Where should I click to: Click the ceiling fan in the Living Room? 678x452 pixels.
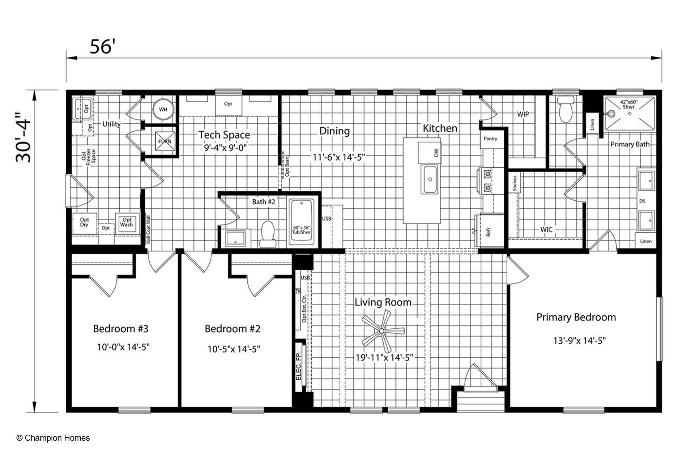tap(382, 331)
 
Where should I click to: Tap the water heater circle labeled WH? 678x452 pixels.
tap(163, 110)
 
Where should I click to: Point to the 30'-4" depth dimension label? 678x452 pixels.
tap(24, 137)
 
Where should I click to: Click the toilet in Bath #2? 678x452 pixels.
tap(268, 233)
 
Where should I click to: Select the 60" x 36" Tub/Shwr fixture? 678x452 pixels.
tap(301, 223)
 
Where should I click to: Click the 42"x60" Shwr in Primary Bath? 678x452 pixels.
tap(630, 113)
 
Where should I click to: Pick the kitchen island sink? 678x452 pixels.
tap(430, 180)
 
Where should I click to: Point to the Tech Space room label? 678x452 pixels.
tap(224, 135)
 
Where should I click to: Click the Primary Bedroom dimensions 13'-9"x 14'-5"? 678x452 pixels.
tap(579, 341)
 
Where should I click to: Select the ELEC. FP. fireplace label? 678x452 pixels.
tap(299, 366)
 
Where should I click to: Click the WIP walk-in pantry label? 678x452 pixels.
tap(523, 114)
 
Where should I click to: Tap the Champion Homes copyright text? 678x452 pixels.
tap(53, 438)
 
